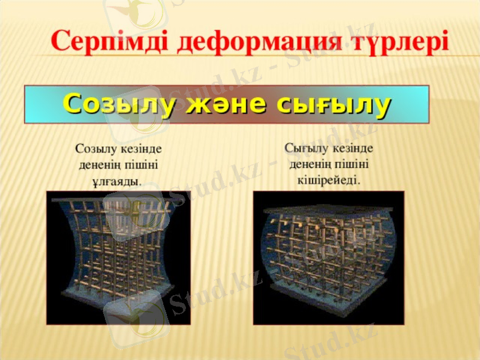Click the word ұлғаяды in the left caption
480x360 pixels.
pos(118,180)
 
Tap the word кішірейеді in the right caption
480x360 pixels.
pos(329,179)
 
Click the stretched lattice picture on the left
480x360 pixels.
pos(118,258)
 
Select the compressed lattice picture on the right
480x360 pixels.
pos(328,258)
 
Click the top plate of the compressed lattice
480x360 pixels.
pos(329,210)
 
